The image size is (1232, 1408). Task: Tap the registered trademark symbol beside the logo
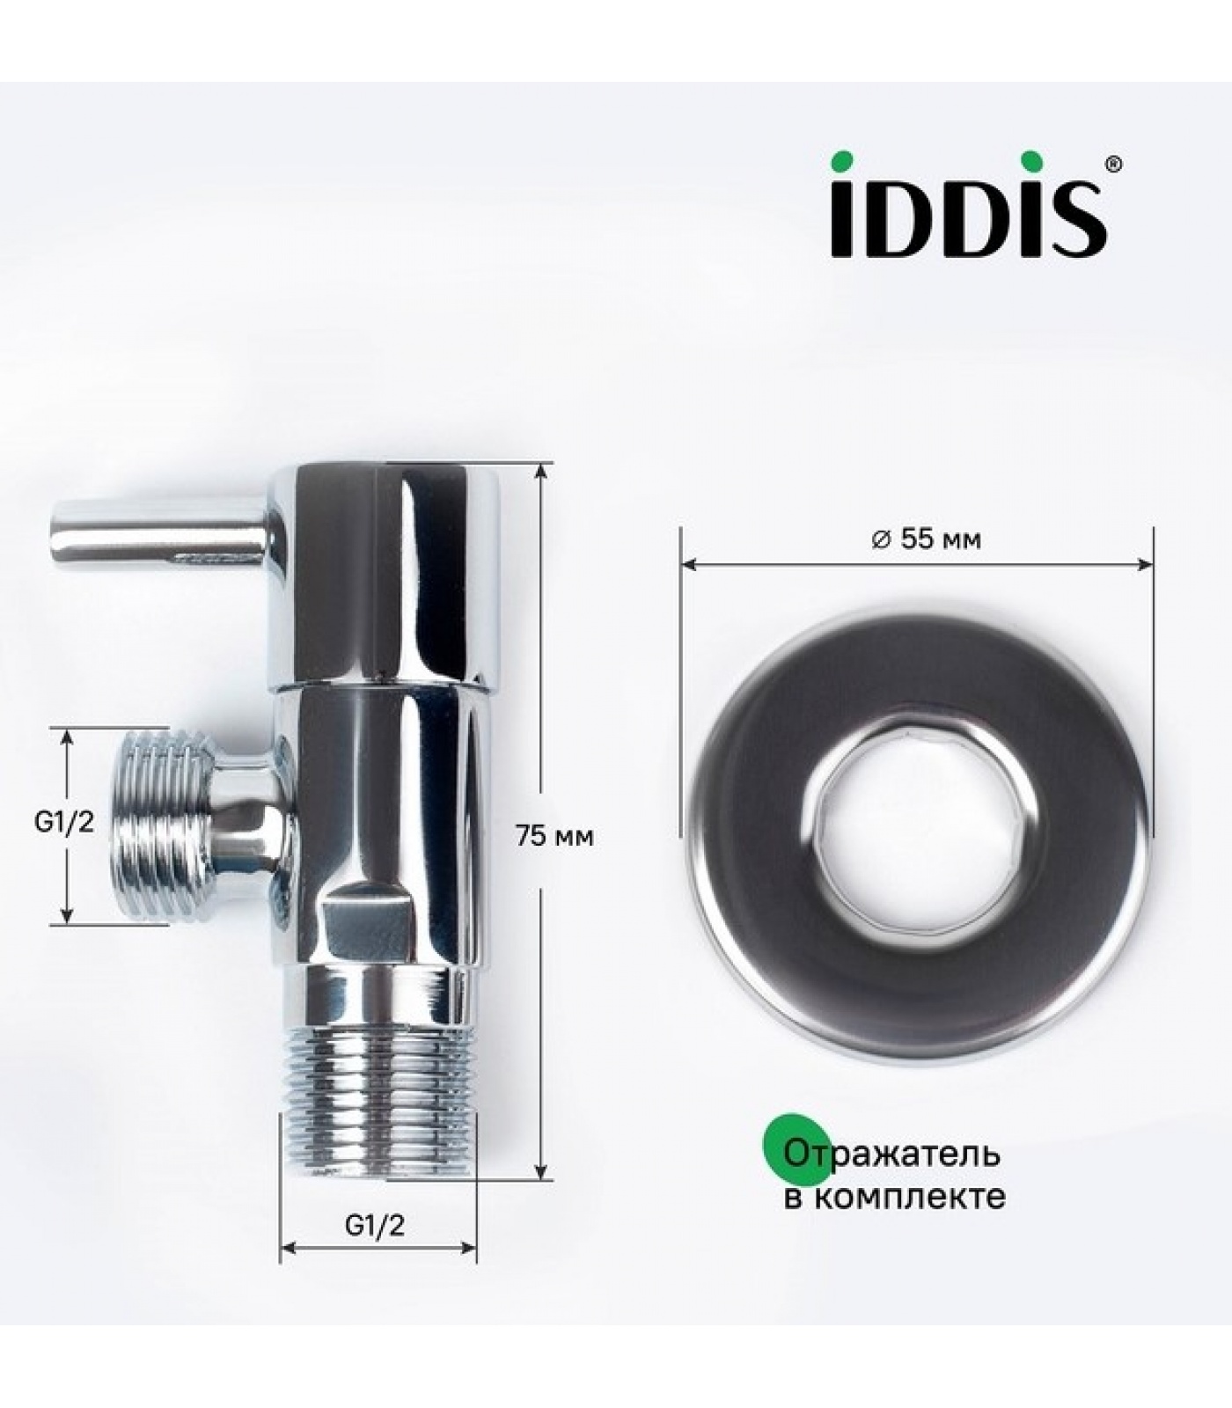(1113, 163)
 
